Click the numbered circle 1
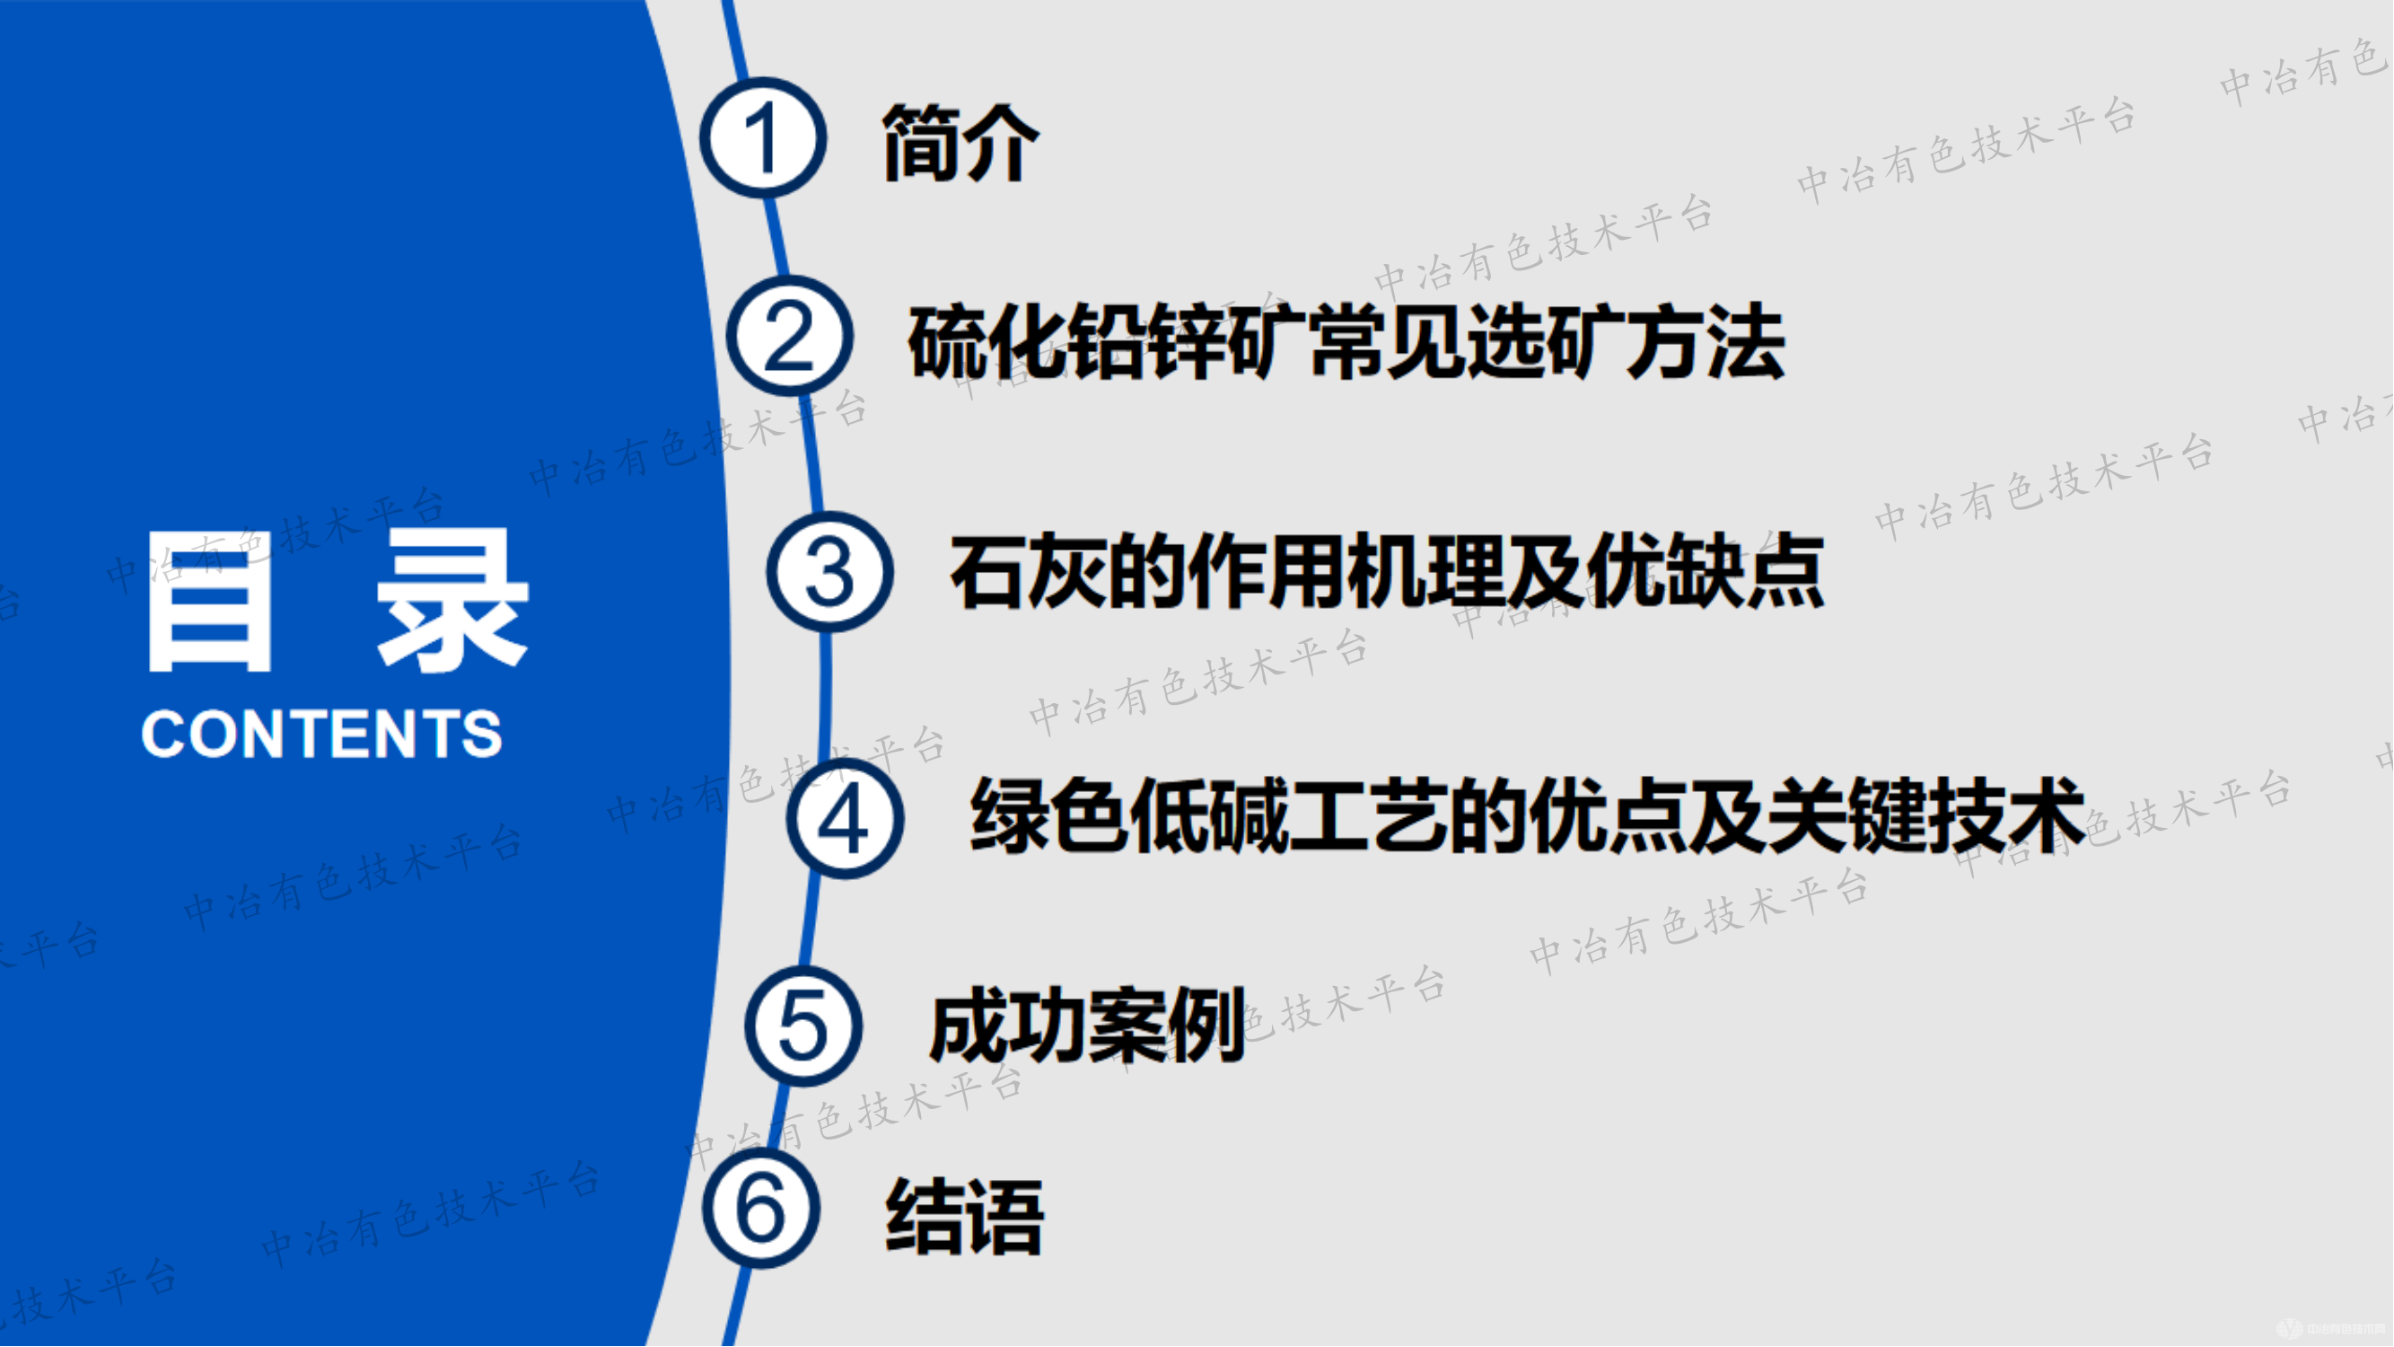pyautogui.click(x=763, y=137)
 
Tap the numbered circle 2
pyautogui.click(x=789, y=336)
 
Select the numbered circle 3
pyautogui.click(x=829, y=572)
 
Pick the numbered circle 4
pyautogui.click(x=845, y=819)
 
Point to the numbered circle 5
pyautogui.click(x=803, y=1026)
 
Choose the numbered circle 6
pyautogui.click(x=761, y=1209)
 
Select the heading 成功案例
pyautogui.click(x=1087, y=1026)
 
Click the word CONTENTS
pyautogui.click(x=321, y=734)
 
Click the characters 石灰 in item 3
pyautogui.click(x=1029, y=572)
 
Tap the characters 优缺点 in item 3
pyautogui.click(x=1706, y=572)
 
